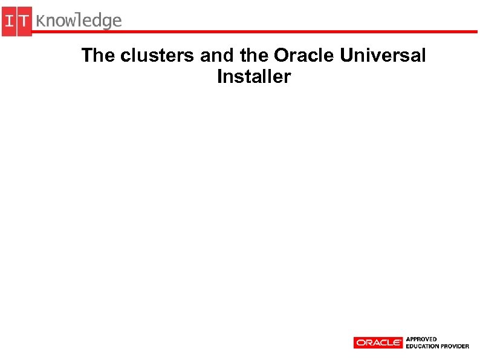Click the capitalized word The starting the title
99,56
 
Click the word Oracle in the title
304,56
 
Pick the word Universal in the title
383,56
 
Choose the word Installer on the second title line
254,77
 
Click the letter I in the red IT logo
10,22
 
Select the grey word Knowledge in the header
79,21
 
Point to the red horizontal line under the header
254,30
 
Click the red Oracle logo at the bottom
378,342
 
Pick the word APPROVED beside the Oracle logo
421,339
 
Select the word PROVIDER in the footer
455,346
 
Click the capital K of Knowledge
41,21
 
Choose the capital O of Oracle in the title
282,56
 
